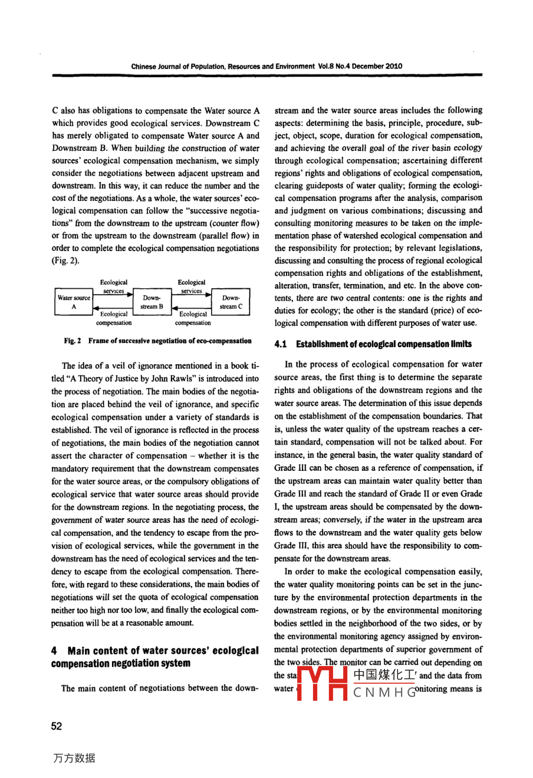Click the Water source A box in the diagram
coord(74,302)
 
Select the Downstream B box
coord(152,302)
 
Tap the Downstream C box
coord(231,302)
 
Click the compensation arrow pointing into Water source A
coord(113,309)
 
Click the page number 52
coord(57,726)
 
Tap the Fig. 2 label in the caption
coord(73,341)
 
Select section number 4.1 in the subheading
coord(281,344)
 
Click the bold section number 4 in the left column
coord(54,651)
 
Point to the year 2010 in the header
coord(394,66)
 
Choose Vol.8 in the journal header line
coord(326,66)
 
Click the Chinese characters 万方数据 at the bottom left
coord(74,758)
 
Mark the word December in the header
coord(369,66)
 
